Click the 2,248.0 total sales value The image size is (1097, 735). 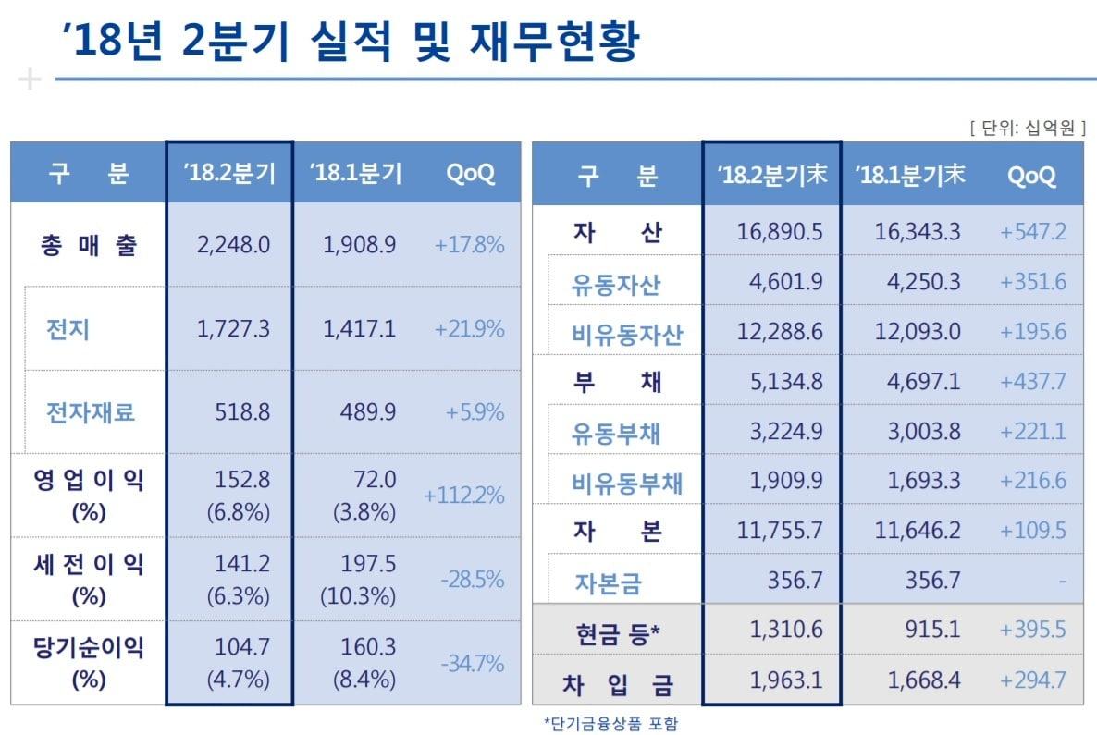pos(233,245)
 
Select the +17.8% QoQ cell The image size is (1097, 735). pos(469,245)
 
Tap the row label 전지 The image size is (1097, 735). pos(68,329)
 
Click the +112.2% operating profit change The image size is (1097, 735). pos(463,496)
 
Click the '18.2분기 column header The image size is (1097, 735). pos(229,174)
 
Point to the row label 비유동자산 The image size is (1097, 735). pos(627,334)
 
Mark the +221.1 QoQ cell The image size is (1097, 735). pos(1032,431)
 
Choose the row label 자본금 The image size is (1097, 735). pos(607,583)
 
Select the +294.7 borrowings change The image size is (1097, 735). pos(1032,681)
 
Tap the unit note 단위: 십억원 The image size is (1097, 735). pos(1026,129)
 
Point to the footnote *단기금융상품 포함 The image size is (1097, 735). pos(610,722)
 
